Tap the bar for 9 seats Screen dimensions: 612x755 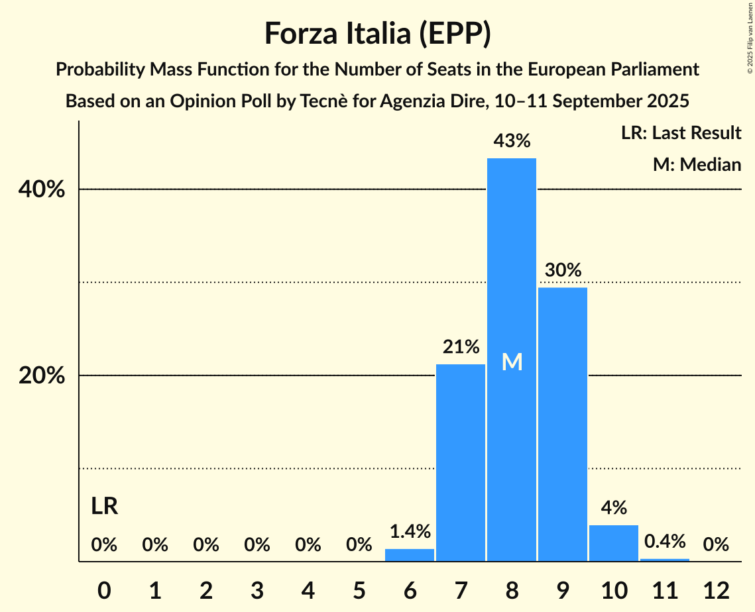point(563,424)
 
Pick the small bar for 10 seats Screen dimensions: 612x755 point(614,543)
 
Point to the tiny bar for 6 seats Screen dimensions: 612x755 point(410,555)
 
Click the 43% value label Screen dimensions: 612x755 point(512,141)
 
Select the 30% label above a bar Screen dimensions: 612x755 point(563,270)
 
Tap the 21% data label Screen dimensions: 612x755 point(461,346)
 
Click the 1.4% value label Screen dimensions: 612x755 point(410,531)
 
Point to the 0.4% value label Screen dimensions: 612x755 point(665,542)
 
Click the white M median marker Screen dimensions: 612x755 point(512,362)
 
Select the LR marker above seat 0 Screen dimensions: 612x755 point(104,507)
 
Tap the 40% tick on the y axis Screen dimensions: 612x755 point(40,190)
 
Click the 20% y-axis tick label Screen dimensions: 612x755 point(40,376)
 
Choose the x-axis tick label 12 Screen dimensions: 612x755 point(716,590)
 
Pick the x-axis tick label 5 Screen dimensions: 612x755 point(359,590)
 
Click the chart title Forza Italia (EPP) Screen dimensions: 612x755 point(377,33)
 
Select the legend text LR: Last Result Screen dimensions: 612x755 point(681,133)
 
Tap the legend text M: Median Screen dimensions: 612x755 point(697,164)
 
